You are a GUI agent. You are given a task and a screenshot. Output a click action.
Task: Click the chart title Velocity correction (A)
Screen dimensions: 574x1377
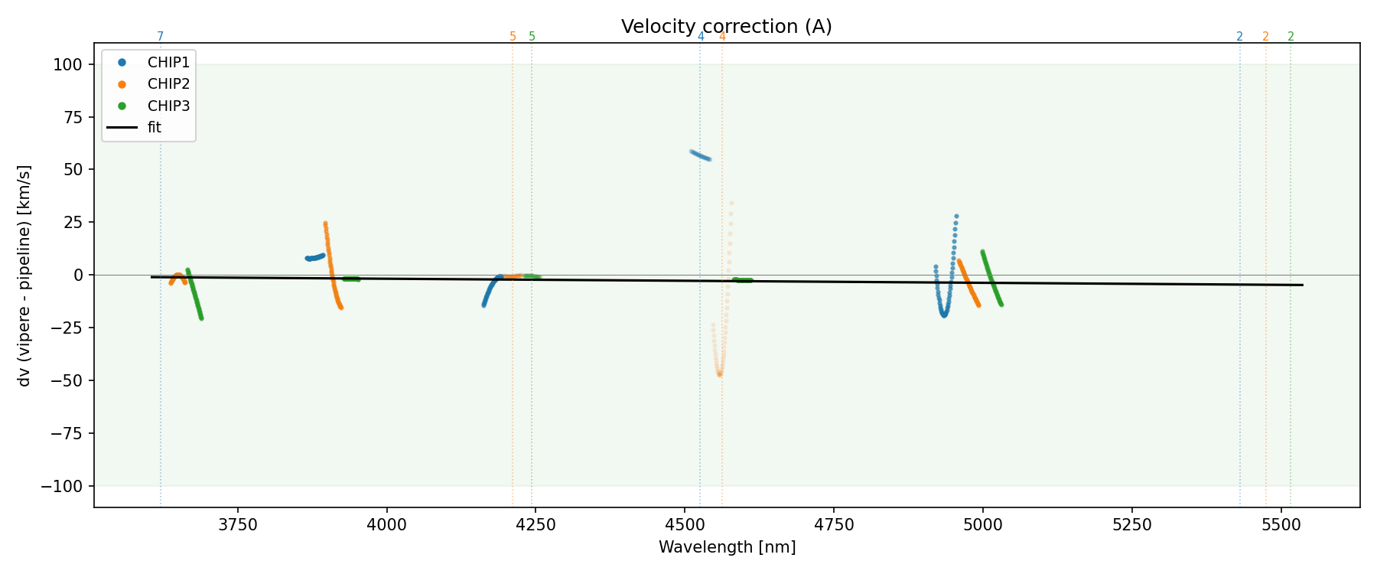point(726,27)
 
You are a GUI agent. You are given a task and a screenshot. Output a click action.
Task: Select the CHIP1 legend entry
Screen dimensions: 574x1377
point(168,63)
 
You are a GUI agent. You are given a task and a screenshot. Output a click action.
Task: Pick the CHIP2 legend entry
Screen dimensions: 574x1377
point(168,84)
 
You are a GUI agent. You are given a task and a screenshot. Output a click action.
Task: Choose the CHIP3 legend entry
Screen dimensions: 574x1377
point(168,106)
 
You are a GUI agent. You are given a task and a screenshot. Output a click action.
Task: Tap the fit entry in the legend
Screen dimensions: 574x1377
point(155,128)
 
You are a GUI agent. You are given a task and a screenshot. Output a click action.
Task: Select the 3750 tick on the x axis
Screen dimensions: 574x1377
point(238,524)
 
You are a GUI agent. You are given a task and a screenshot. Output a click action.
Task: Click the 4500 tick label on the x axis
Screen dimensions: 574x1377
point(685,524)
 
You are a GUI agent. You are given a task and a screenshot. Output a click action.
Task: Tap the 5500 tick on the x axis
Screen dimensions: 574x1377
point(1281,524)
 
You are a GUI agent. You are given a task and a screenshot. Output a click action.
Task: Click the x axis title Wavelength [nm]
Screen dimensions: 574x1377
point(727,547)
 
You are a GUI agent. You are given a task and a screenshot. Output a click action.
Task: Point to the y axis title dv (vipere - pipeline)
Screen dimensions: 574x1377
point(24,276)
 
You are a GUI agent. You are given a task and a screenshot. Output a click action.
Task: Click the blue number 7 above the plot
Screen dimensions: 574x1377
point(160,37)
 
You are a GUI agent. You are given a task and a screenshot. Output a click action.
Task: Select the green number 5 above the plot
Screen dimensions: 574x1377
point(532,37)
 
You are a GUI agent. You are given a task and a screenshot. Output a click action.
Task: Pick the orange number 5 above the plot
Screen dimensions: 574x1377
point(513,37)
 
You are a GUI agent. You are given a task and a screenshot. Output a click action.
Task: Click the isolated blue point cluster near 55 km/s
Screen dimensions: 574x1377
point(701,155)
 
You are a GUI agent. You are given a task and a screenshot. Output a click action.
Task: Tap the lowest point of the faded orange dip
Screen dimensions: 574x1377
point(719,374)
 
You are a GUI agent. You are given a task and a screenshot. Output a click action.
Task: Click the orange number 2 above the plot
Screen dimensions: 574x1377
point(1265,37)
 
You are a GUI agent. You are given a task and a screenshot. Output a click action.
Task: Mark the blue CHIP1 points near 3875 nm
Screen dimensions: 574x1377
point(314,257)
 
